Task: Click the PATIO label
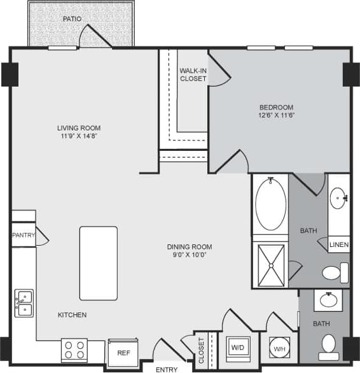pyautogui.click(x=72, y=19)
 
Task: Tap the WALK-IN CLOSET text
pyautogui.click(x=193, y=74)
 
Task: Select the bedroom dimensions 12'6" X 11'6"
pyautogui.click(x=275, y=116)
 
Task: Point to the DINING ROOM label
pyautogui.click(x=190, y=246)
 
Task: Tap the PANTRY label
pyautogui.click(x=23, y=236)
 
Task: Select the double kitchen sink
pyautogui.click(x=24, y=303)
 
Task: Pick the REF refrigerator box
pyautogui.click(x=123, y=352)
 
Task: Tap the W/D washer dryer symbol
pyautogui.click(x=238, y=348)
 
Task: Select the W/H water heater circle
pyautogui.click(x=279, y=348)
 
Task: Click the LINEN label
pyautogui.click(x=339, y=244)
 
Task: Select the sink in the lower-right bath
pyautogui.click(x=329, y=299)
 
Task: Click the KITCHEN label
pyautogui.click(x=73, y=315)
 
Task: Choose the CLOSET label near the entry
pyautogui.click(x=202, y=351)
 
